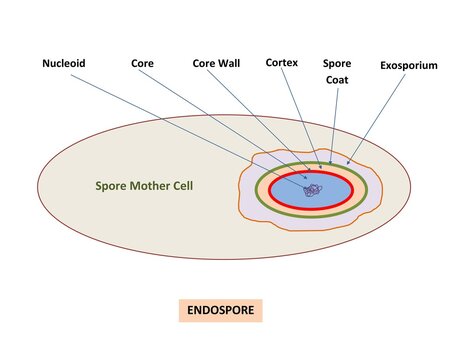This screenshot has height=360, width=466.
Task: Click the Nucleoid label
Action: pos(64,64)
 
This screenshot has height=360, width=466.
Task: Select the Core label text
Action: pos(141,64)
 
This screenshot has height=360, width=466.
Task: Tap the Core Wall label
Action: pos(217,64)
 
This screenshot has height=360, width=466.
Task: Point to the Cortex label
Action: pos(281,62)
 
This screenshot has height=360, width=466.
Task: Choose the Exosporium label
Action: pos(408,65)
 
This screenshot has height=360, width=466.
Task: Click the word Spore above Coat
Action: pos(337,62)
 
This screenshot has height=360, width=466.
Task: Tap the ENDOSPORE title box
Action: pos(220,311)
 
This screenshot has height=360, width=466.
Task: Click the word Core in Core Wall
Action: pos(204,64)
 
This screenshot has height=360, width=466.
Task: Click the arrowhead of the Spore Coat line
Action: pos(330,162)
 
